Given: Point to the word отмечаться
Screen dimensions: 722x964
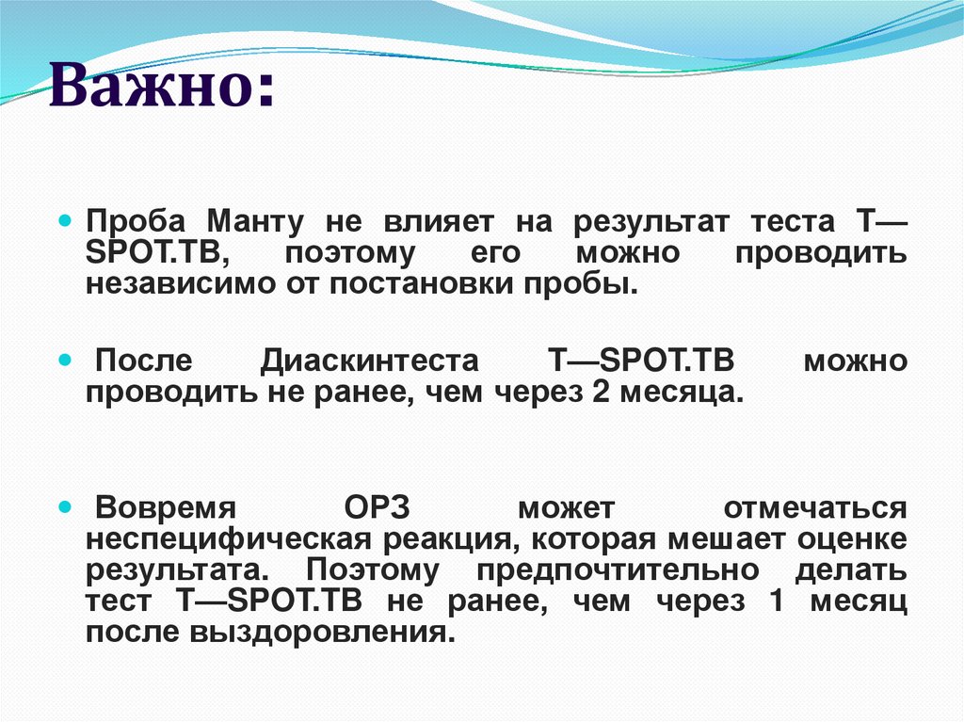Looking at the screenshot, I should (x=815, y=509).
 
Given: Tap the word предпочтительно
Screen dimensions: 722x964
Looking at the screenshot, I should (x=618, y=570).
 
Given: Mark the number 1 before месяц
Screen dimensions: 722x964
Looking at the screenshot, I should (x=776, y=601).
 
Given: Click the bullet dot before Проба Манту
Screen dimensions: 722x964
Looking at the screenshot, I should (x=65, y=221).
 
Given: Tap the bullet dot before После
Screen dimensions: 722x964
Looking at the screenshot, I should (x=65, y=361).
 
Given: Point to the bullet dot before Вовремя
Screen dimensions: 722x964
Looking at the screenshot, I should (x=65, y=507).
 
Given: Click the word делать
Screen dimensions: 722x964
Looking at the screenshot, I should (x=851, y=570).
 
